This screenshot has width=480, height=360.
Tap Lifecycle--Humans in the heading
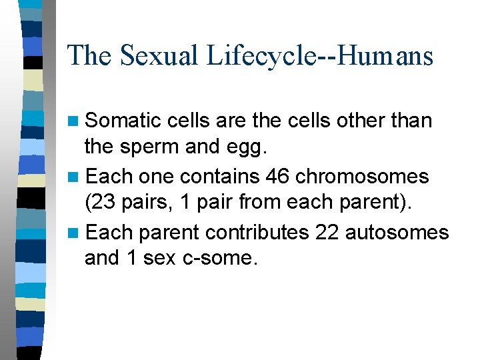tap(320, 55)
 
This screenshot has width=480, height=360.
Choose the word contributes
tap(257, 232)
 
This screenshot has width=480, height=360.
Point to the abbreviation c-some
tap(219, 259)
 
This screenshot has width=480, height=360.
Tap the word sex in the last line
tap(160, 259)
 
